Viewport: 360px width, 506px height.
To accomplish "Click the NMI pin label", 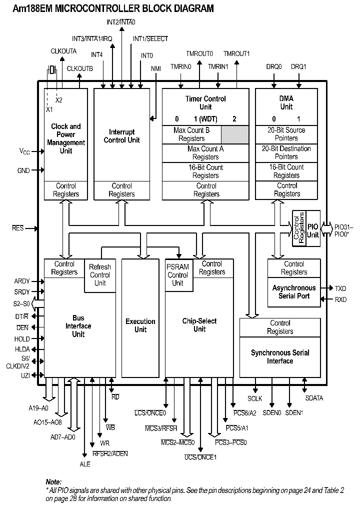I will click(x=156, y=68).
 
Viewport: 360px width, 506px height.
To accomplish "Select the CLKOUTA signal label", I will click(x=63, y=51).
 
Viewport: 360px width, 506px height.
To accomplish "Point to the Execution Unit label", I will click(x=140, y=325).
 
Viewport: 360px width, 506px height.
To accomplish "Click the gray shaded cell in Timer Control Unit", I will click(x=235, y=134).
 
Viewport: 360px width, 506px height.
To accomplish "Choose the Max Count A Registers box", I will click(x=205, y=153).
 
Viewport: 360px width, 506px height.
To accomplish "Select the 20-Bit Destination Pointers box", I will click(x=286, y=153).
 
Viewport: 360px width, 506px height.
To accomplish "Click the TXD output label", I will click(x=340, y=288).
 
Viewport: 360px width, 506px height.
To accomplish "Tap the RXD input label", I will click(x=340, y=299).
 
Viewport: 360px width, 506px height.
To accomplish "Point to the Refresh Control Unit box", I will click(x=100, y=274).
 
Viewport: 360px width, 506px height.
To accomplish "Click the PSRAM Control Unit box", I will click(x=177, y=274).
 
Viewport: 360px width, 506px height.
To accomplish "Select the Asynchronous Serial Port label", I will click(x=294, y=292).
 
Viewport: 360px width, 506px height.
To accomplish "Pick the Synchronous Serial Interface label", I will click(x=280, y=356).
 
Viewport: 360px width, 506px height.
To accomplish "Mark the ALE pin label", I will click(x=85, y=464).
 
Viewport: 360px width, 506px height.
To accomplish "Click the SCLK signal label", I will click(x=255, y=398).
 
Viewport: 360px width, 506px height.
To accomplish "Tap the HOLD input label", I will click(x=22, y=338).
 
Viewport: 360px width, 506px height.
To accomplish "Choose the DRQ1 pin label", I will click(x=298, y=66).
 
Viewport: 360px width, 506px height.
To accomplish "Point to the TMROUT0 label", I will click(x=199, y=53).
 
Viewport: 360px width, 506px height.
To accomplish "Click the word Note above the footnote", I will click(x=53, y=482).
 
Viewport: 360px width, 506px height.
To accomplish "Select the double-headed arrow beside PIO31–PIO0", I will click(x=326, y=228).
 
